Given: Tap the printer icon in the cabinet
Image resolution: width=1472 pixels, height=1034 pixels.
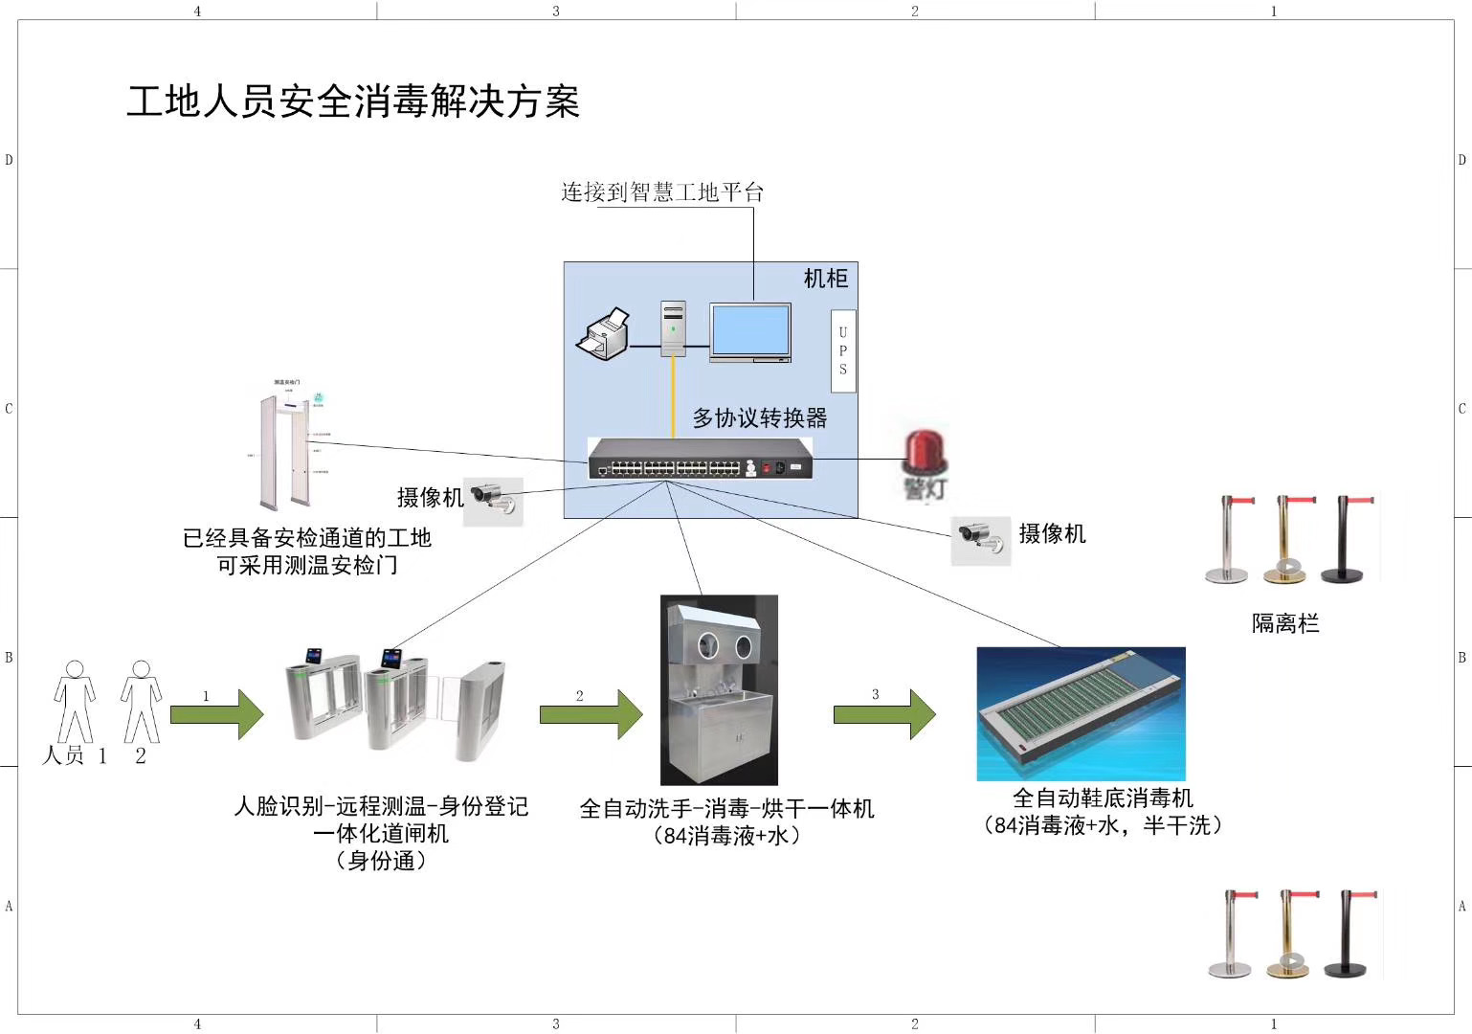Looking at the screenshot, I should tap(603, 334).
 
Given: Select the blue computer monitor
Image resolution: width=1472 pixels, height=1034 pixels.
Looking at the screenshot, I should tap(750, 331).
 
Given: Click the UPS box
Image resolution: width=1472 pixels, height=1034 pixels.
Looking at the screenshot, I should tap(842, 350).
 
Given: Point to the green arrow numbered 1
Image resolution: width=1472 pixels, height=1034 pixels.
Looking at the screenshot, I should tap(217, 713).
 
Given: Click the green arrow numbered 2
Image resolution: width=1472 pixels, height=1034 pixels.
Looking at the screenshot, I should tap(591, 713).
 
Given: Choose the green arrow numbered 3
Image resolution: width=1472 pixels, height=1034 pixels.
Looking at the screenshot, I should tap(884, 713).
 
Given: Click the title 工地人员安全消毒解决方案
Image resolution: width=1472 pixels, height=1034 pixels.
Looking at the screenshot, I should tap(353, 101).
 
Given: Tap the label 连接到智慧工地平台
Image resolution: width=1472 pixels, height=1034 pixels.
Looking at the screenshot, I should tap(662, 192).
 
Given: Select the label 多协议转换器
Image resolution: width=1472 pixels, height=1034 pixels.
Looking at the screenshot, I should tap(760, 418).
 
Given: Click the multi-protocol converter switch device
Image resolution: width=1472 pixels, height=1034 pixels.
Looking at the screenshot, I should tap(701, 460).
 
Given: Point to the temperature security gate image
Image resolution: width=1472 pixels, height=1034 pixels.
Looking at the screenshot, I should tap(285, 444).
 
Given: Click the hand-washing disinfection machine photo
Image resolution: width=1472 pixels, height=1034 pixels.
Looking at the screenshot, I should tap(719, 689).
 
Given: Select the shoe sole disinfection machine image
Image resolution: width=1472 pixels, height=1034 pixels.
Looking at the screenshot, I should tap(1081, 713).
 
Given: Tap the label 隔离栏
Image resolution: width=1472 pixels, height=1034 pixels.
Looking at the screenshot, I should tap(1285, 624).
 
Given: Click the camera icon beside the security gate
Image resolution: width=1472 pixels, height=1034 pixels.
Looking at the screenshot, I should tap(494, 500).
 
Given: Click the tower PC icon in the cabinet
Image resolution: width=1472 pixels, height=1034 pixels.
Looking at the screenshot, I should tap(674, 328).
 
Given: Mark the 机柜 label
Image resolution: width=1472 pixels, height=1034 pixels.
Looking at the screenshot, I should tap(825, 279).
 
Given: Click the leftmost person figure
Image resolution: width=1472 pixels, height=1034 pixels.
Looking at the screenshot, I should tap(74, 701).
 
